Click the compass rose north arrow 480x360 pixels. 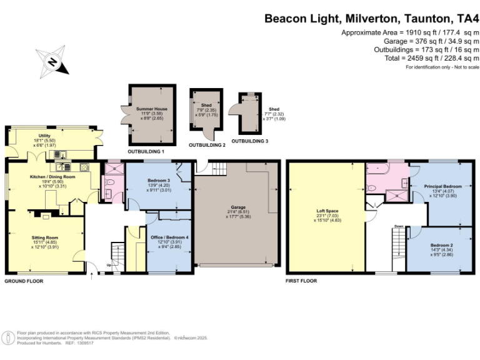pyautogui.click(x=53, y=62)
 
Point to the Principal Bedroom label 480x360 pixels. pyautogui.click(x=442, y=186)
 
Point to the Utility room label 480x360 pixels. pyautogui.click(x=44, y=136)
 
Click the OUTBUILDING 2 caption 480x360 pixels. pyautogui.click(x=207, y=145)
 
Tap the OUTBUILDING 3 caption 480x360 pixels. pyautogui.click(x=249, y=141)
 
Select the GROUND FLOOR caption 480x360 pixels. pyautogui.click(x=23, y=281)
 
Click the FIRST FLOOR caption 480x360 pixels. pyautogui.click(x=301, y=281)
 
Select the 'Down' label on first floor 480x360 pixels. pyautogui.click(x=399, y=226)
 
